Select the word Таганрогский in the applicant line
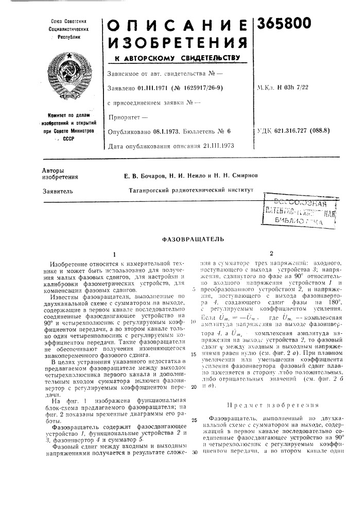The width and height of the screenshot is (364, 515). click(151, 191)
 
